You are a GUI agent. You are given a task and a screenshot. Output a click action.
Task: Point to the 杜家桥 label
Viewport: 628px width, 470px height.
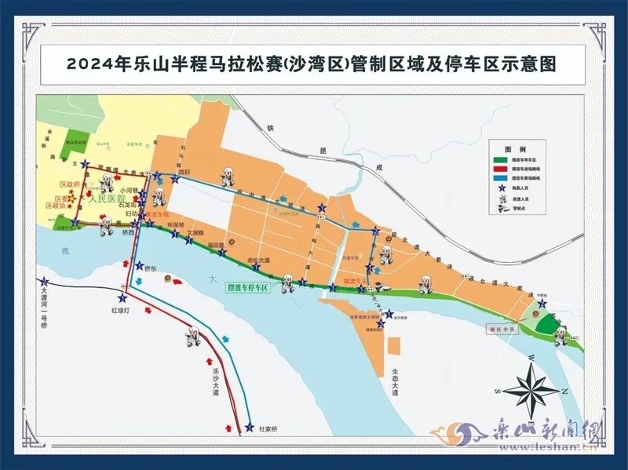[268, 429]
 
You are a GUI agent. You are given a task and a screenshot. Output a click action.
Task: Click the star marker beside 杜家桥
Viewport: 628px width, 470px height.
[249, 428]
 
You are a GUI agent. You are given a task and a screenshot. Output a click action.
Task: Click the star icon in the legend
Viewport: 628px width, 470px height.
[502, 188]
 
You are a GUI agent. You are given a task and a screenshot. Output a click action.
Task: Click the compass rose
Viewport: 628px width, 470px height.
[531, 390]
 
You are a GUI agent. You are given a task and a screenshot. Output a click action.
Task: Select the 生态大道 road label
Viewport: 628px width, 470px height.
[396, 382]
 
